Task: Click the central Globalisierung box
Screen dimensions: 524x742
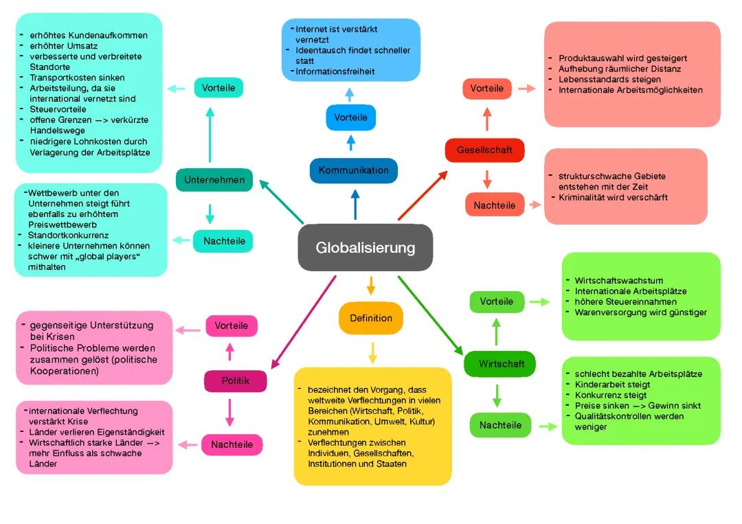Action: [365, 247]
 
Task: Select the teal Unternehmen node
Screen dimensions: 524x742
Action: [214, 180]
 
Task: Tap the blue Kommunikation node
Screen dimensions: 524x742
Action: [353, 170]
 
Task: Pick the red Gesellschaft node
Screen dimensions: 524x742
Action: [484, 150]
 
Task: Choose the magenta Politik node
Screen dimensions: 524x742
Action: [235, 380]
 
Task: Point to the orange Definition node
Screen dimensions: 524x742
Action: [371, 318]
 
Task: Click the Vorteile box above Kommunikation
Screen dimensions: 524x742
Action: [350, 117]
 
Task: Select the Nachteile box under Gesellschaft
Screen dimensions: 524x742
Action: [489, 204]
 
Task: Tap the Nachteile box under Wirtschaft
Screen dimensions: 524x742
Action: [500, 425]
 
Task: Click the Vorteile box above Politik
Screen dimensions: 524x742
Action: [231, 326]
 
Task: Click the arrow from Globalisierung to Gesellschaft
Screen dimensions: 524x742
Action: [423, 195]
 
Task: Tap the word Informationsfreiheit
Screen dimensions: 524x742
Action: [336, 71]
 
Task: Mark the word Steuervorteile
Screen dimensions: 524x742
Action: [58, 109]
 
